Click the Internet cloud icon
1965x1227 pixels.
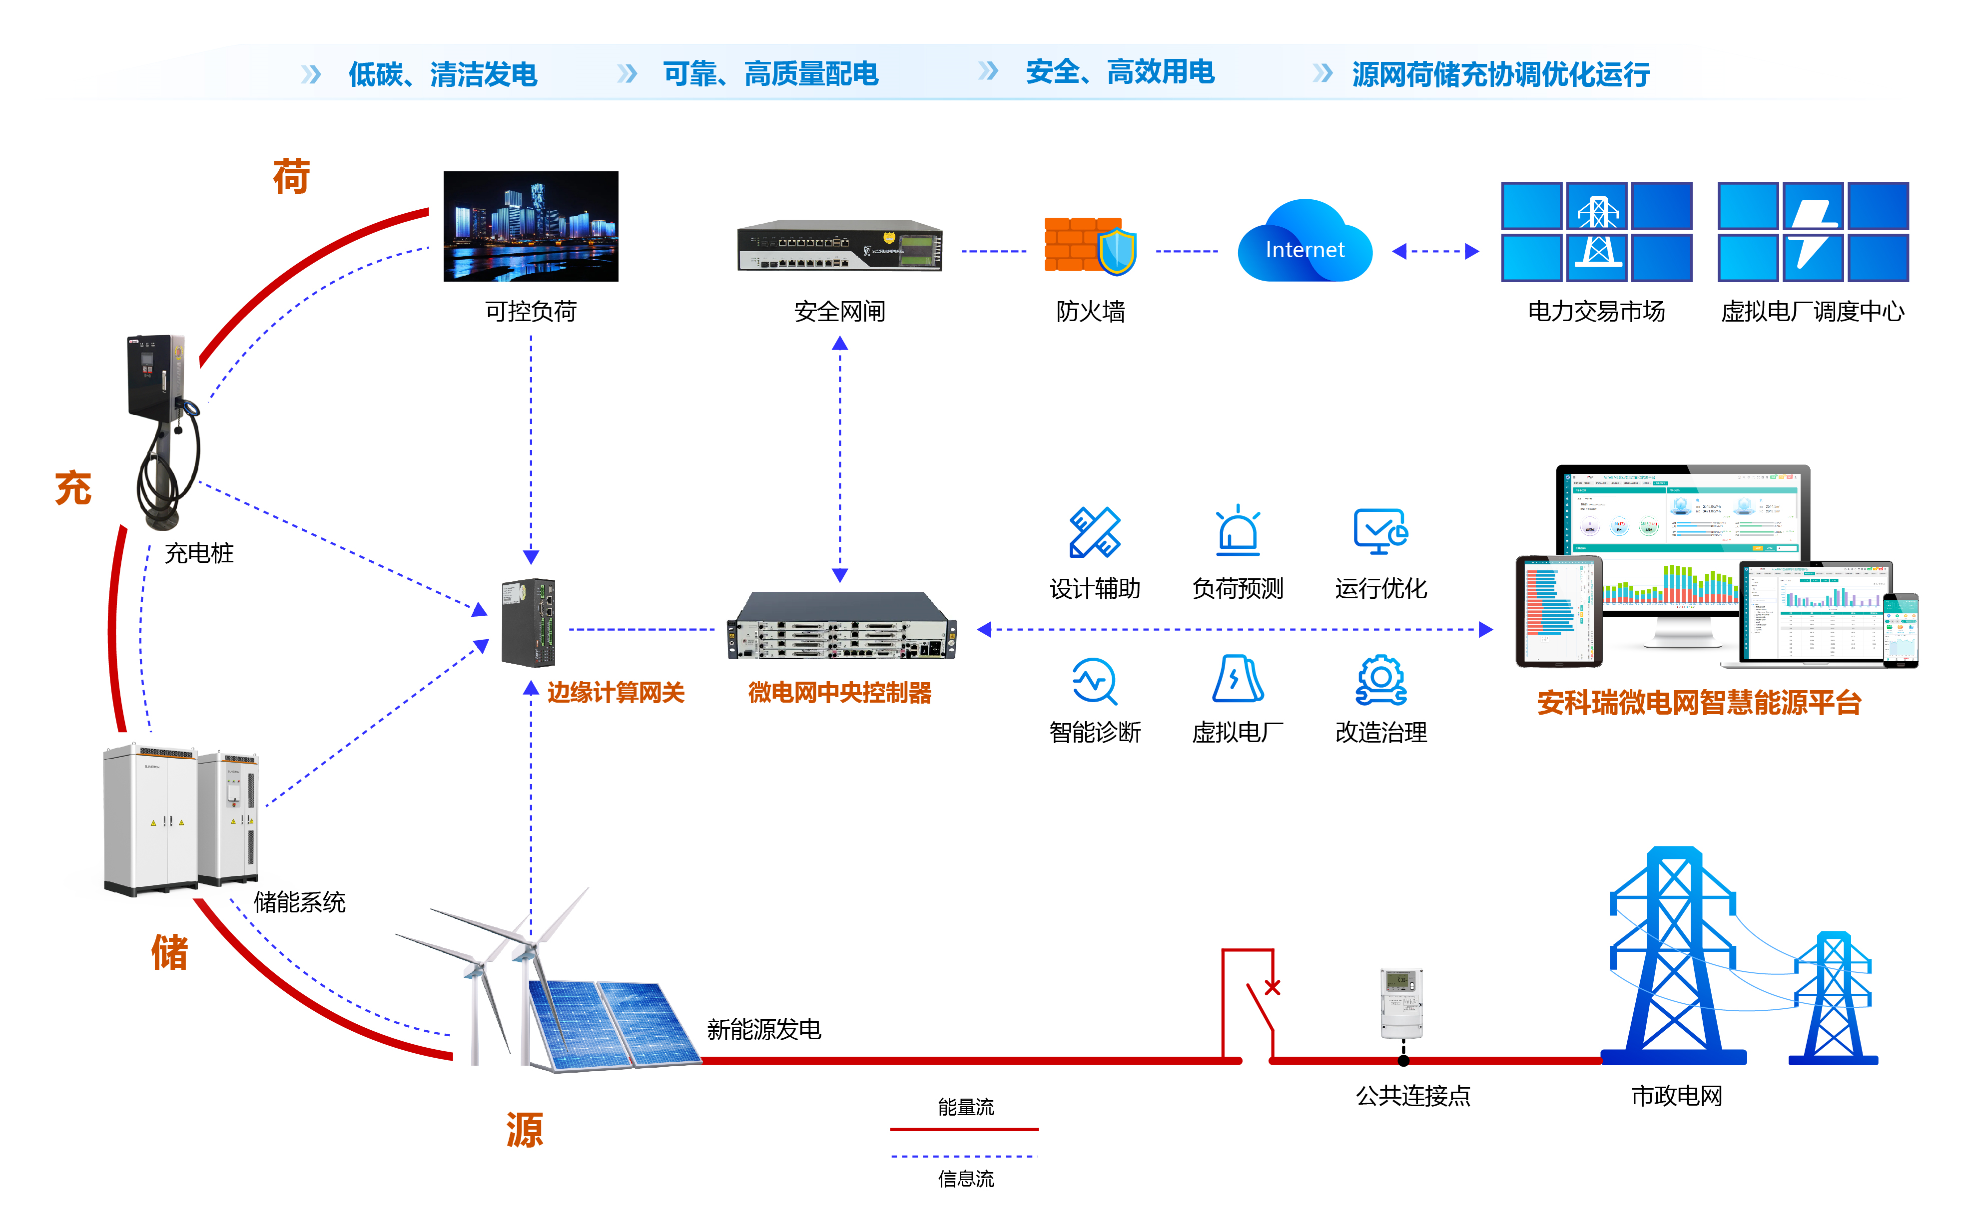pos(1305,244)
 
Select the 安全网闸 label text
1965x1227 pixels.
pos(839,312)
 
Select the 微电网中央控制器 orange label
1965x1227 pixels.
pos(839,693)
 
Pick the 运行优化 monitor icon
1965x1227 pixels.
pos(1380,531)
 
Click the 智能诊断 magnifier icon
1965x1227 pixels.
pos(1094,680)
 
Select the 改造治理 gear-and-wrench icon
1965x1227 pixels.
pos(1380,680)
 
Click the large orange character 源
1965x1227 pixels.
pos(524,1130)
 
